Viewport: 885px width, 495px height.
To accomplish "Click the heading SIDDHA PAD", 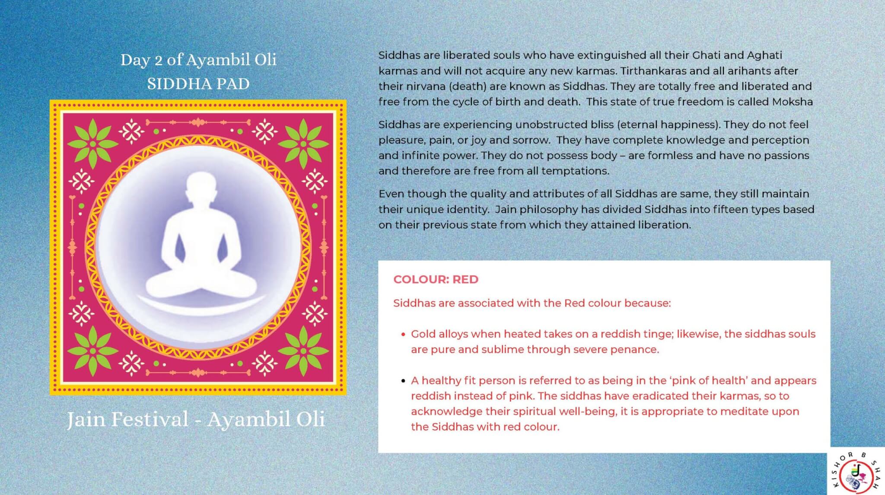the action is tap(198, 84).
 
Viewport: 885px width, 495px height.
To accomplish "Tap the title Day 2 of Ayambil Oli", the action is tap(198, 60).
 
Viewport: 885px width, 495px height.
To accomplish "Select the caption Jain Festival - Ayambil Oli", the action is tap(196, 419).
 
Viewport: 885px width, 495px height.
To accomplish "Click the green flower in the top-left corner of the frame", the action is tap(93, 144).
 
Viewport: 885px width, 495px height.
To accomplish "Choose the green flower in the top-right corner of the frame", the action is tap(303, 144).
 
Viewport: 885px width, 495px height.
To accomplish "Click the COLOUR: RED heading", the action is tap(436, 279).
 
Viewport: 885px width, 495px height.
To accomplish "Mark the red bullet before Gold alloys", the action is tap(403, 334).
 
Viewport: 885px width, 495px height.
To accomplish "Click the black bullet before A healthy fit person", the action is tap(403, 381).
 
